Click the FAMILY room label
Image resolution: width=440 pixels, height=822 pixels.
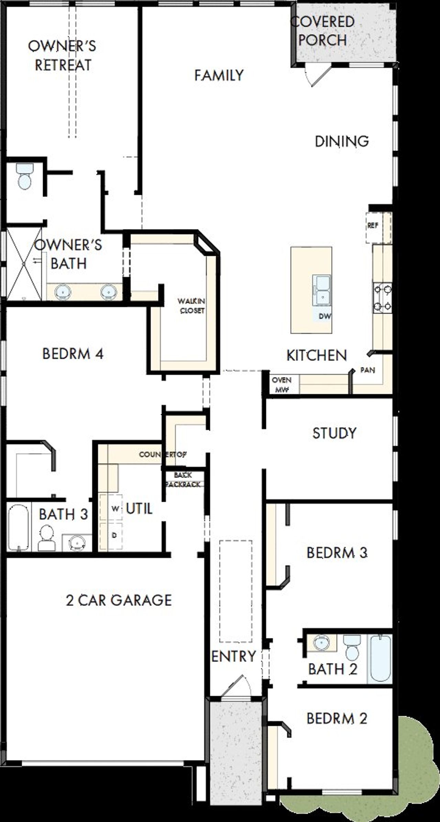click(219, 75)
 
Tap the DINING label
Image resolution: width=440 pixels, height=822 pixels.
click(342, 141)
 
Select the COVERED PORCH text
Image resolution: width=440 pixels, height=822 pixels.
click(322, 31)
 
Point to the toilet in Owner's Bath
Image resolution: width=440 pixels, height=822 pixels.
click(24, 176)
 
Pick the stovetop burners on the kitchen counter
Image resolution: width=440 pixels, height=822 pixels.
click(383, 298)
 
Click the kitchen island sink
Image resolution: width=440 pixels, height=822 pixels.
click(321, 290)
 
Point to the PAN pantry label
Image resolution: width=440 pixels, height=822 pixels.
click(367, 370)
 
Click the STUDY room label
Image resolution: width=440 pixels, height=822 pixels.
click(334, 433)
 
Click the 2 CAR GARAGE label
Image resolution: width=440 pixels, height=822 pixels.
click(119, 600)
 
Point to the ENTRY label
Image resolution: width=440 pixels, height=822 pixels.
click(233, 656)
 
